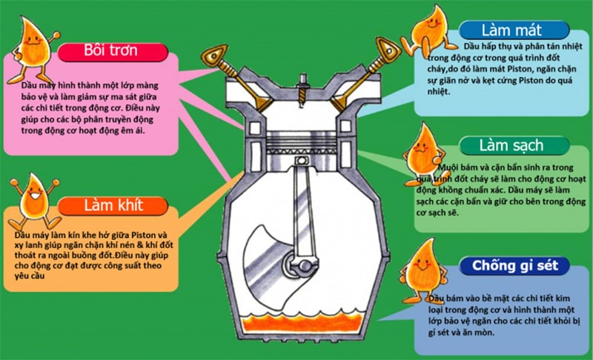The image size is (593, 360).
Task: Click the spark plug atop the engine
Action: [302, 81]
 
